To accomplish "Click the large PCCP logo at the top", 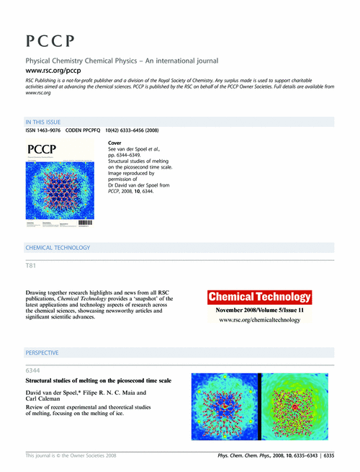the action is coord(50,40).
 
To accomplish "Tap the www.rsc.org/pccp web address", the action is coord(53,71).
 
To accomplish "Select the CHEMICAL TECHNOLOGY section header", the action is coord(58,248).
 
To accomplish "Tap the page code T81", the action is coord(31,267).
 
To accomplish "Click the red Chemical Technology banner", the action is coord(259,296).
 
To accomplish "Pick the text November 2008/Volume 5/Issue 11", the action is coord(259,309).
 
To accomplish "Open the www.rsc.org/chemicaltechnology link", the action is coord(259,319).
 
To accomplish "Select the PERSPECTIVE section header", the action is coord(42,353).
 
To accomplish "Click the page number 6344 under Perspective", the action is coord(34,371).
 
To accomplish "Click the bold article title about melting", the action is coord(98,380).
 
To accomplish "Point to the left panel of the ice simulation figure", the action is coord(225,406).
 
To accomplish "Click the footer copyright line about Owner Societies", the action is coord(70,455).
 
